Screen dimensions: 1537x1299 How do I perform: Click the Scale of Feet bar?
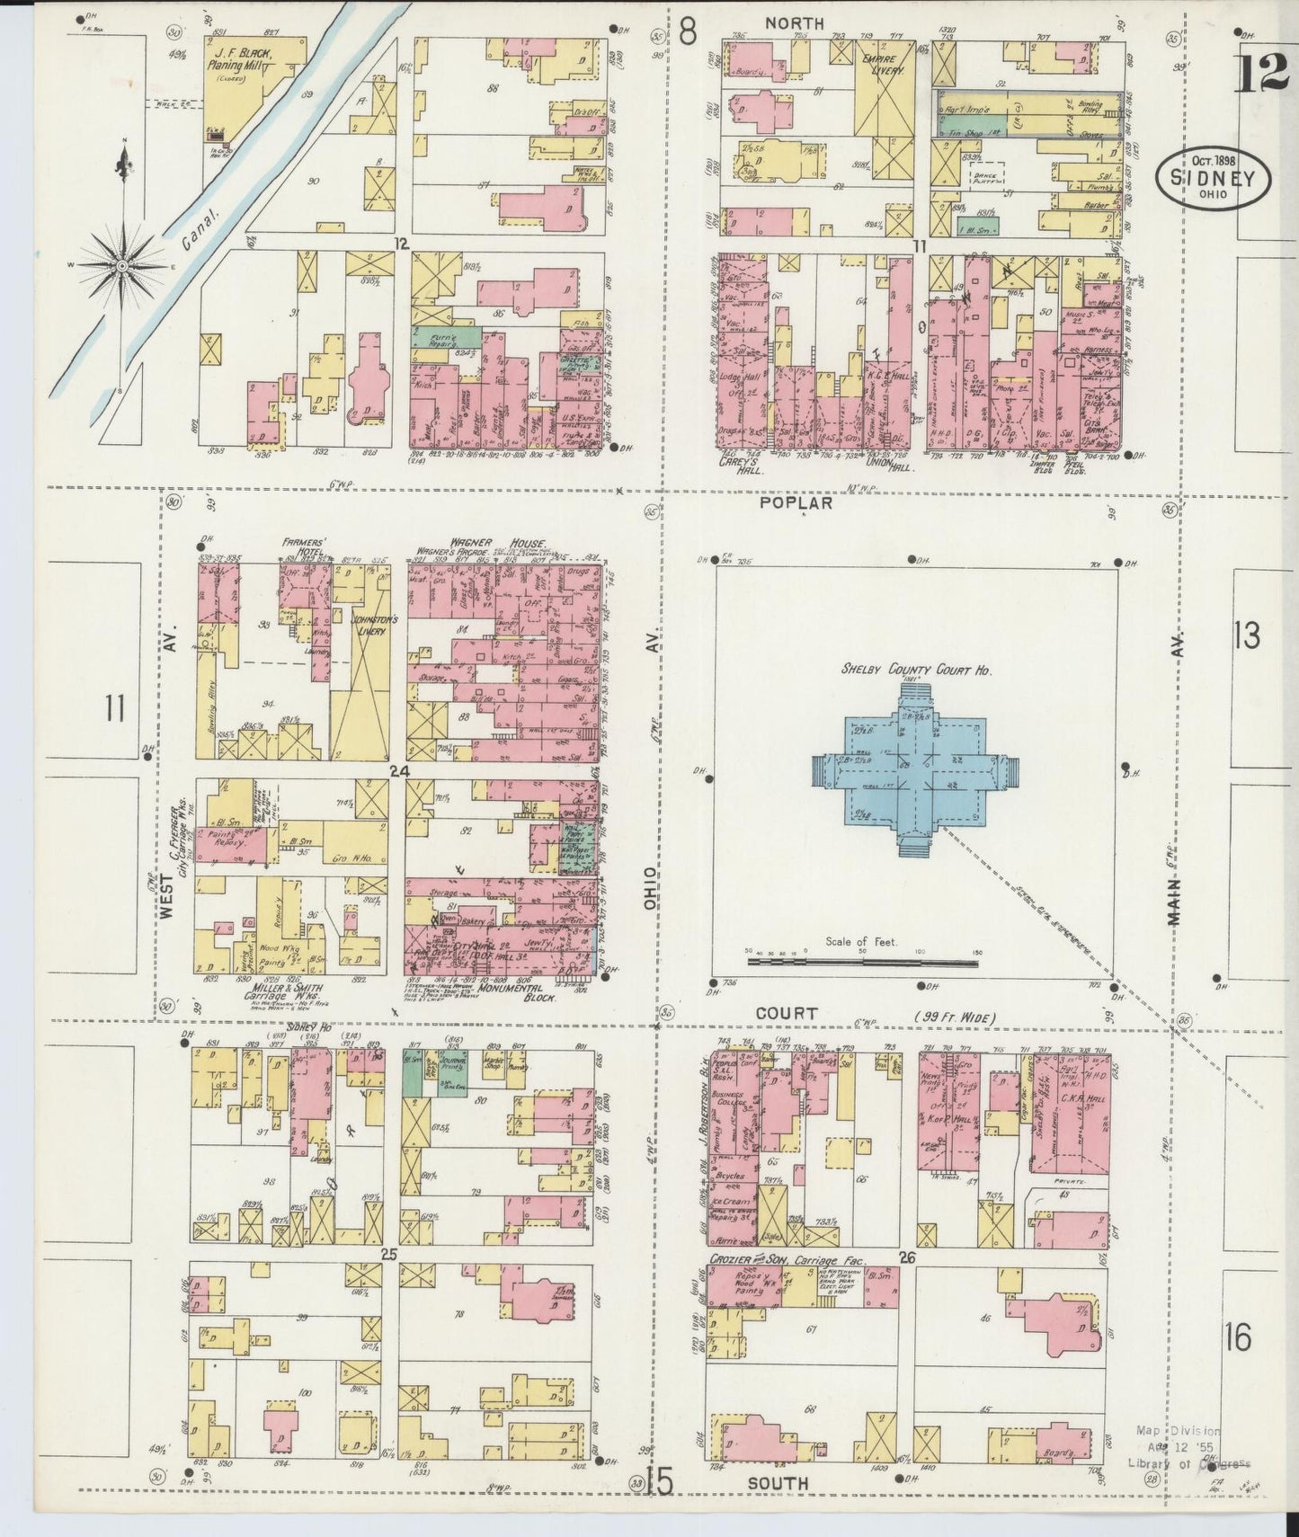pyautogui.click(x=863, y=961)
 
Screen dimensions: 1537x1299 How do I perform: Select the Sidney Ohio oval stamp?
pyautogui.click(x=1213, y=179)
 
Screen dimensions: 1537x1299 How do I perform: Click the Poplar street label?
pyautogui.click(x=796, y=503)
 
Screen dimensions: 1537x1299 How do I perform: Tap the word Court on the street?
pyautogui.click(x=787, y=1013)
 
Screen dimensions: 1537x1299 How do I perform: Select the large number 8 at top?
pyautogui.click(x=688, y=32)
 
